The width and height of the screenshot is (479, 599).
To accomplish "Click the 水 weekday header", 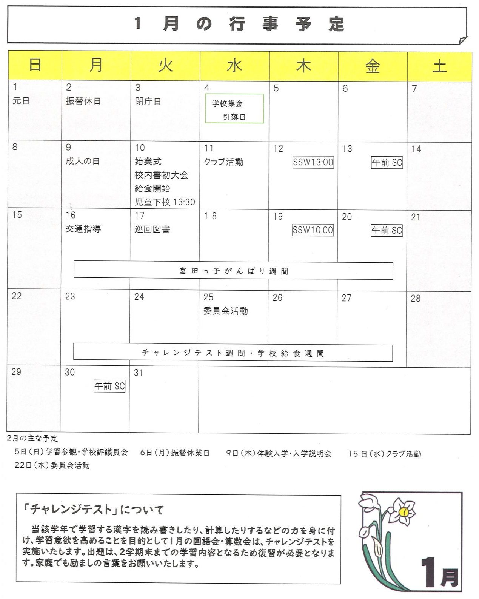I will click(234, 66).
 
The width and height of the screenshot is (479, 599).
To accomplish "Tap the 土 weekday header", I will click(439, 66).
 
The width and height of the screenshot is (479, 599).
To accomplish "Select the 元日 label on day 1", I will click(21, 101).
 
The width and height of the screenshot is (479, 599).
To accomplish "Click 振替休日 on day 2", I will click(83, 101).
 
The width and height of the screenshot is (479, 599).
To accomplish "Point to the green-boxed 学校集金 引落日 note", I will click(234, 109).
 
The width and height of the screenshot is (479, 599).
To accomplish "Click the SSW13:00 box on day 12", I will click(313, 162).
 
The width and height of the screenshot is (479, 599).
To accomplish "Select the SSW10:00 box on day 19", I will click(313, 230).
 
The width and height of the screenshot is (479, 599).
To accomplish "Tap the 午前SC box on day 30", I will click(109, 386).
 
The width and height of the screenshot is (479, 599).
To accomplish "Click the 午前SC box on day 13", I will click(387, 163).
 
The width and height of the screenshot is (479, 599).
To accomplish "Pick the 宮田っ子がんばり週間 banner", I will click(233, 271).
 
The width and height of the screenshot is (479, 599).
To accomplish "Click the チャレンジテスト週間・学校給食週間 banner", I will click(233, 353).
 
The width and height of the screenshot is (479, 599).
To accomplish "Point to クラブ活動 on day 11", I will click(223, 162).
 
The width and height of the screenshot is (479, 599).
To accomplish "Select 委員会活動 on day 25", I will click(225, 311).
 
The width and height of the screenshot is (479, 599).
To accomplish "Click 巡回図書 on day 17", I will click(152, 229).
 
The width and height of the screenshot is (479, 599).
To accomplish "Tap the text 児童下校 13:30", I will click(165, 202).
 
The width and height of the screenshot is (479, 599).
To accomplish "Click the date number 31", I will click(139, 373).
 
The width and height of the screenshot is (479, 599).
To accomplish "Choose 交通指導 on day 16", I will click(83, 229).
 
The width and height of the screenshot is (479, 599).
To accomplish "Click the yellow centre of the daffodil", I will click(404, 512).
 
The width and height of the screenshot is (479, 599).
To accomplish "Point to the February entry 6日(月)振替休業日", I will click(175, 453).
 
